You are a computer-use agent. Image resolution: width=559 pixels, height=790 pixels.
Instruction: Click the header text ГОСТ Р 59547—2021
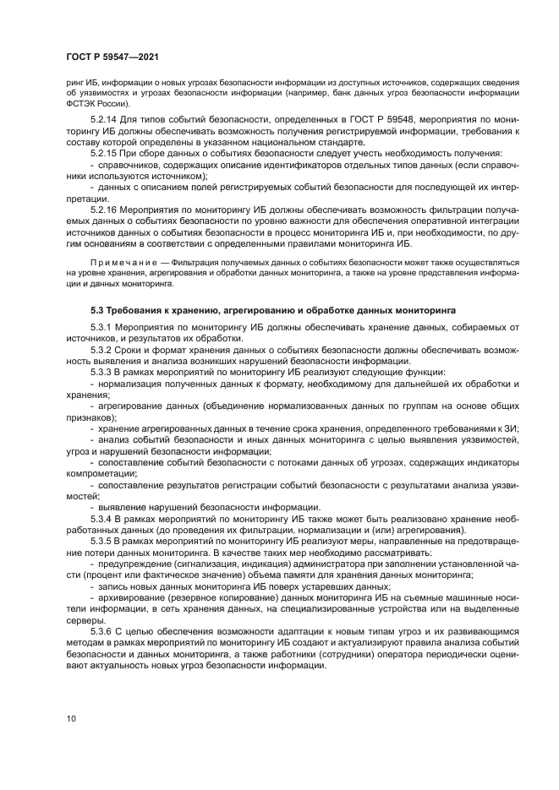pyautogui.click(x=112, y=57)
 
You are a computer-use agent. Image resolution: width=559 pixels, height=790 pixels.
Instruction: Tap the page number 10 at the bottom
pyautogui.click(x=71, y=719)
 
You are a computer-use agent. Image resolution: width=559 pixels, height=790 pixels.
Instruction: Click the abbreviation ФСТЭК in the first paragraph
pyautogui.click(x=84, y=104)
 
